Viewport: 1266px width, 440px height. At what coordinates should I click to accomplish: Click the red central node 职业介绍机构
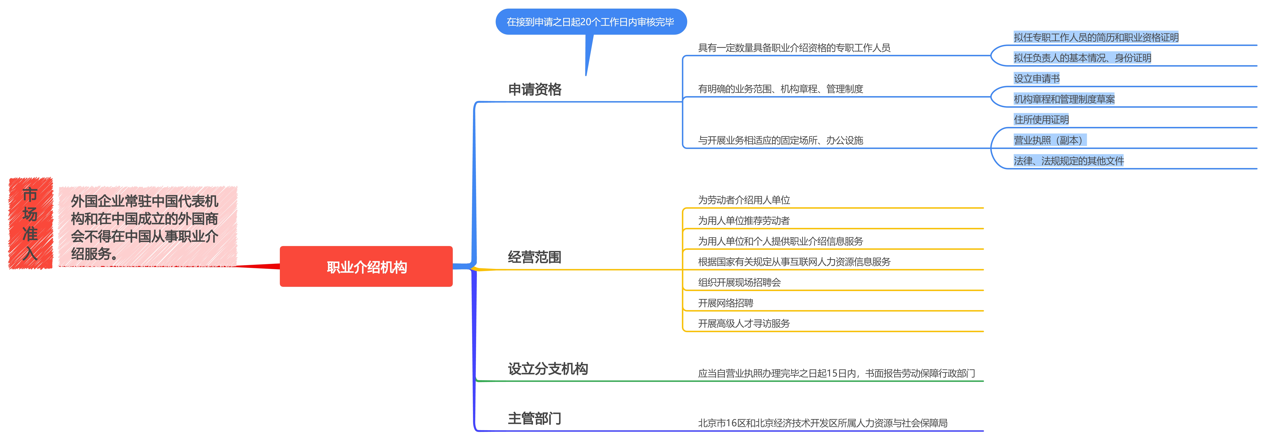coord(366,267)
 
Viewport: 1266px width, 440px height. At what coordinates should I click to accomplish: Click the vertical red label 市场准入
coord(31,223)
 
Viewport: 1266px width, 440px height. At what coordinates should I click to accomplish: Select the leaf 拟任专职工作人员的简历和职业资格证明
coord(1096,37)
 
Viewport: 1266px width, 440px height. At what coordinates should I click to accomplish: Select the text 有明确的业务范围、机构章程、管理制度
coord(781,89)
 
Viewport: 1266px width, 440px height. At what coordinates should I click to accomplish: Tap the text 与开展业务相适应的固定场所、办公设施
coord(781,141)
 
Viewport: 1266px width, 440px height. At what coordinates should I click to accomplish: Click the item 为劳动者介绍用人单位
coord(744,200)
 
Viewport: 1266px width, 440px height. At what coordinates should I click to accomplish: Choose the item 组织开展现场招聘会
coord(739,282)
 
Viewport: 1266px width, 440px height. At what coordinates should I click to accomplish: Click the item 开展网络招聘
coord(725,303)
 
